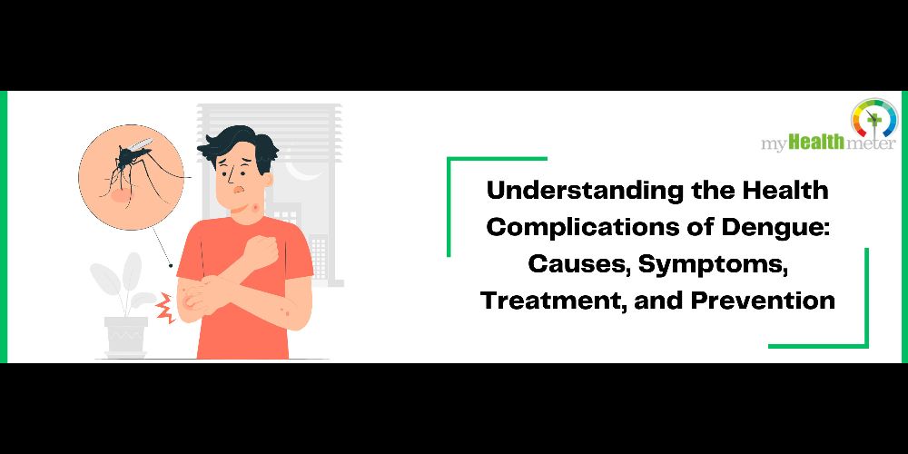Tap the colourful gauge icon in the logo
tap(873, 118)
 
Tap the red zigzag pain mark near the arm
tap(165, 308)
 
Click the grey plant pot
tap(125, 337)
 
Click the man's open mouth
tap(237, 190)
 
